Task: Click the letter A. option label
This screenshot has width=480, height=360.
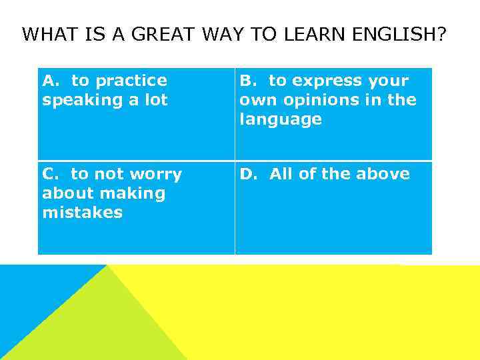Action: (x=51, y=81)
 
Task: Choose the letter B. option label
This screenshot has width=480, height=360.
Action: (x=248, y=81)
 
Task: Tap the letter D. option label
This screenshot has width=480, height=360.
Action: (x=249, y=174)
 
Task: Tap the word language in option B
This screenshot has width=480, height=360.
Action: (x=281, y=120)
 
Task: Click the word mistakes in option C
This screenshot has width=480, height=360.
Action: (x=82, y=213)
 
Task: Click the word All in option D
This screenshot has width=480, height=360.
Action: (x=281, y=174)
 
